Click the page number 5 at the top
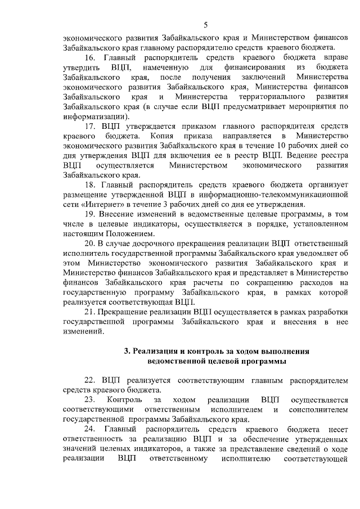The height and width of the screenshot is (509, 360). (x=206, y=24)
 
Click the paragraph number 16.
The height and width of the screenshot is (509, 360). (x=91, y=58)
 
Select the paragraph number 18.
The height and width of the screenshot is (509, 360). (x=91, y=184)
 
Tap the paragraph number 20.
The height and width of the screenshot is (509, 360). (x=91, y=243)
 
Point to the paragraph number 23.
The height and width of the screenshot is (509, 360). (x=91, y=399)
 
